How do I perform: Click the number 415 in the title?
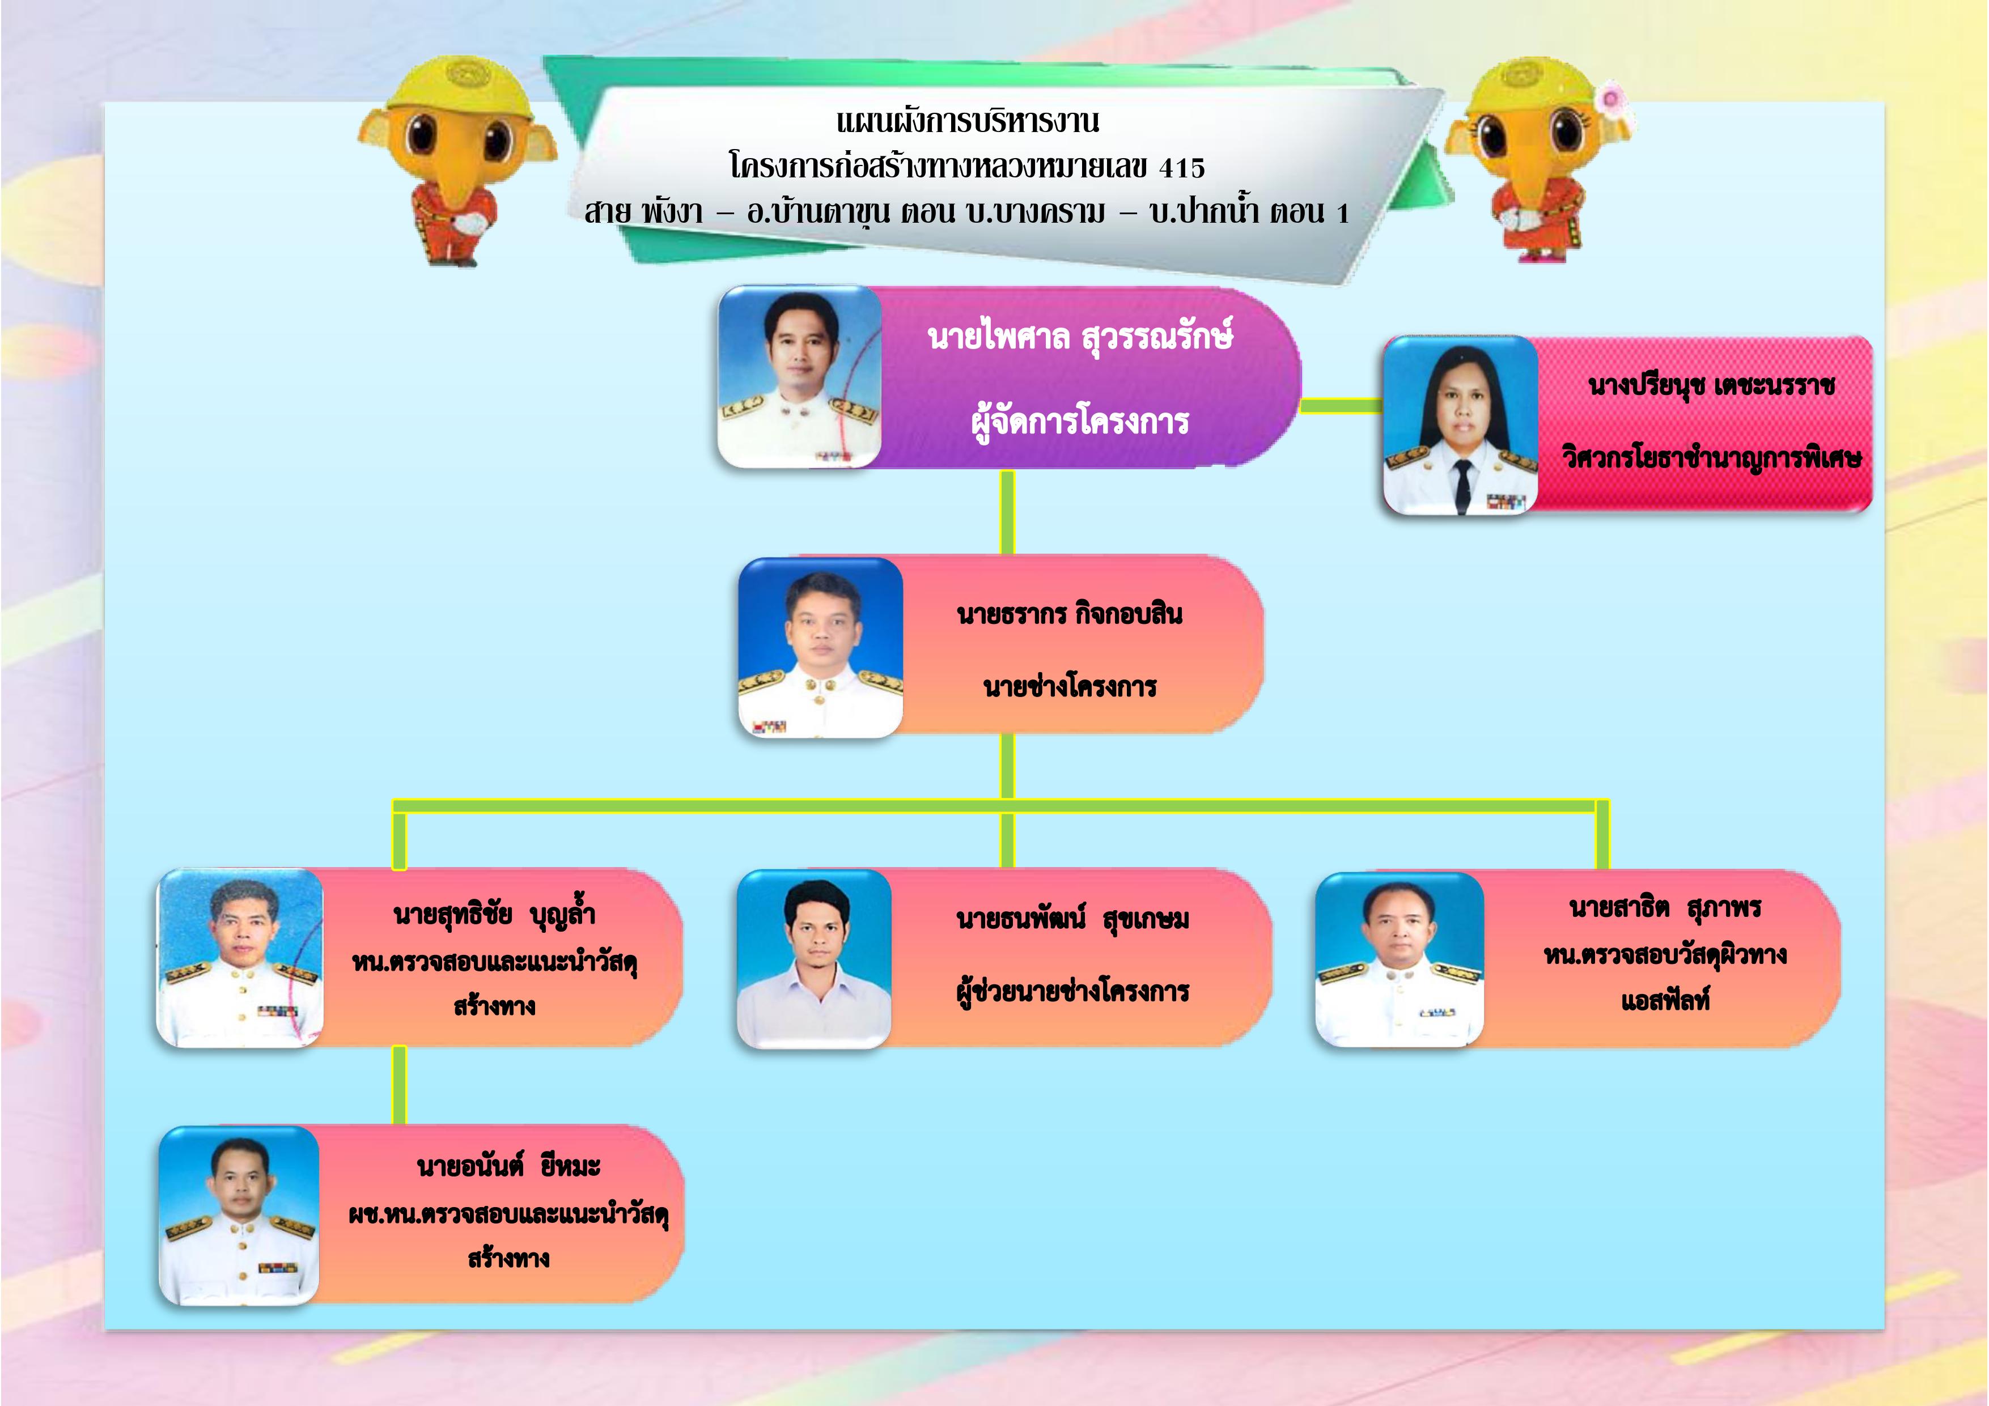point(1182,167)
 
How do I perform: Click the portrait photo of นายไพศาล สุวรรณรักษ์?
point(800,377)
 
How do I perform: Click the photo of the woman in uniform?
point(1461,426)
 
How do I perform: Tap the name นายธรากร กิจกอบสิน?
point(1070,614)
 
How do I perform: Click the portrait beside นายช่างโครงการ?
point(820,648)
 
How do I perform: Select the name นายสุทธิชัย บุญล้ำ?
point(494,915)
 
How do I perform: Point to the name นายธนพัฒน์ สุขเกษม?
point(1072,919)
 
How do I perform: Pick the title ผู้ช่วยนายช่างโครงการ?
point(1072,991)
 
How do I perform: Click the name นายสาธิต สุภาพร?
point(1665,908)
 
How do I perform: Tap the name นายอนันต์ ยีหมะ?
point(508,1167)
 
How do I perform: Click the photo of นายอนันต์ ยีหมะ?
point(239,1216)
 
